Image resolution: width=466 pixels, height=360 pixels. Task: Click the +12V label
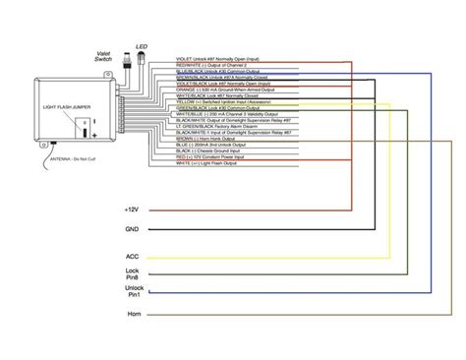point(133,210)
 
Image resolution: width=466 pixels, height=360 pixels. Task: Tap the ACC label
point(133,257)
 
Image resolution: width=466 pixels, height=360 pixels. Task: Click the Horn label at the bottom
point(133,314)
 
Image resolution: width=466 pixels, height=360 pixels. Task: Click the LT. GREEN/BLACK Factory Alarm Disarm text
point(225,126)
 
